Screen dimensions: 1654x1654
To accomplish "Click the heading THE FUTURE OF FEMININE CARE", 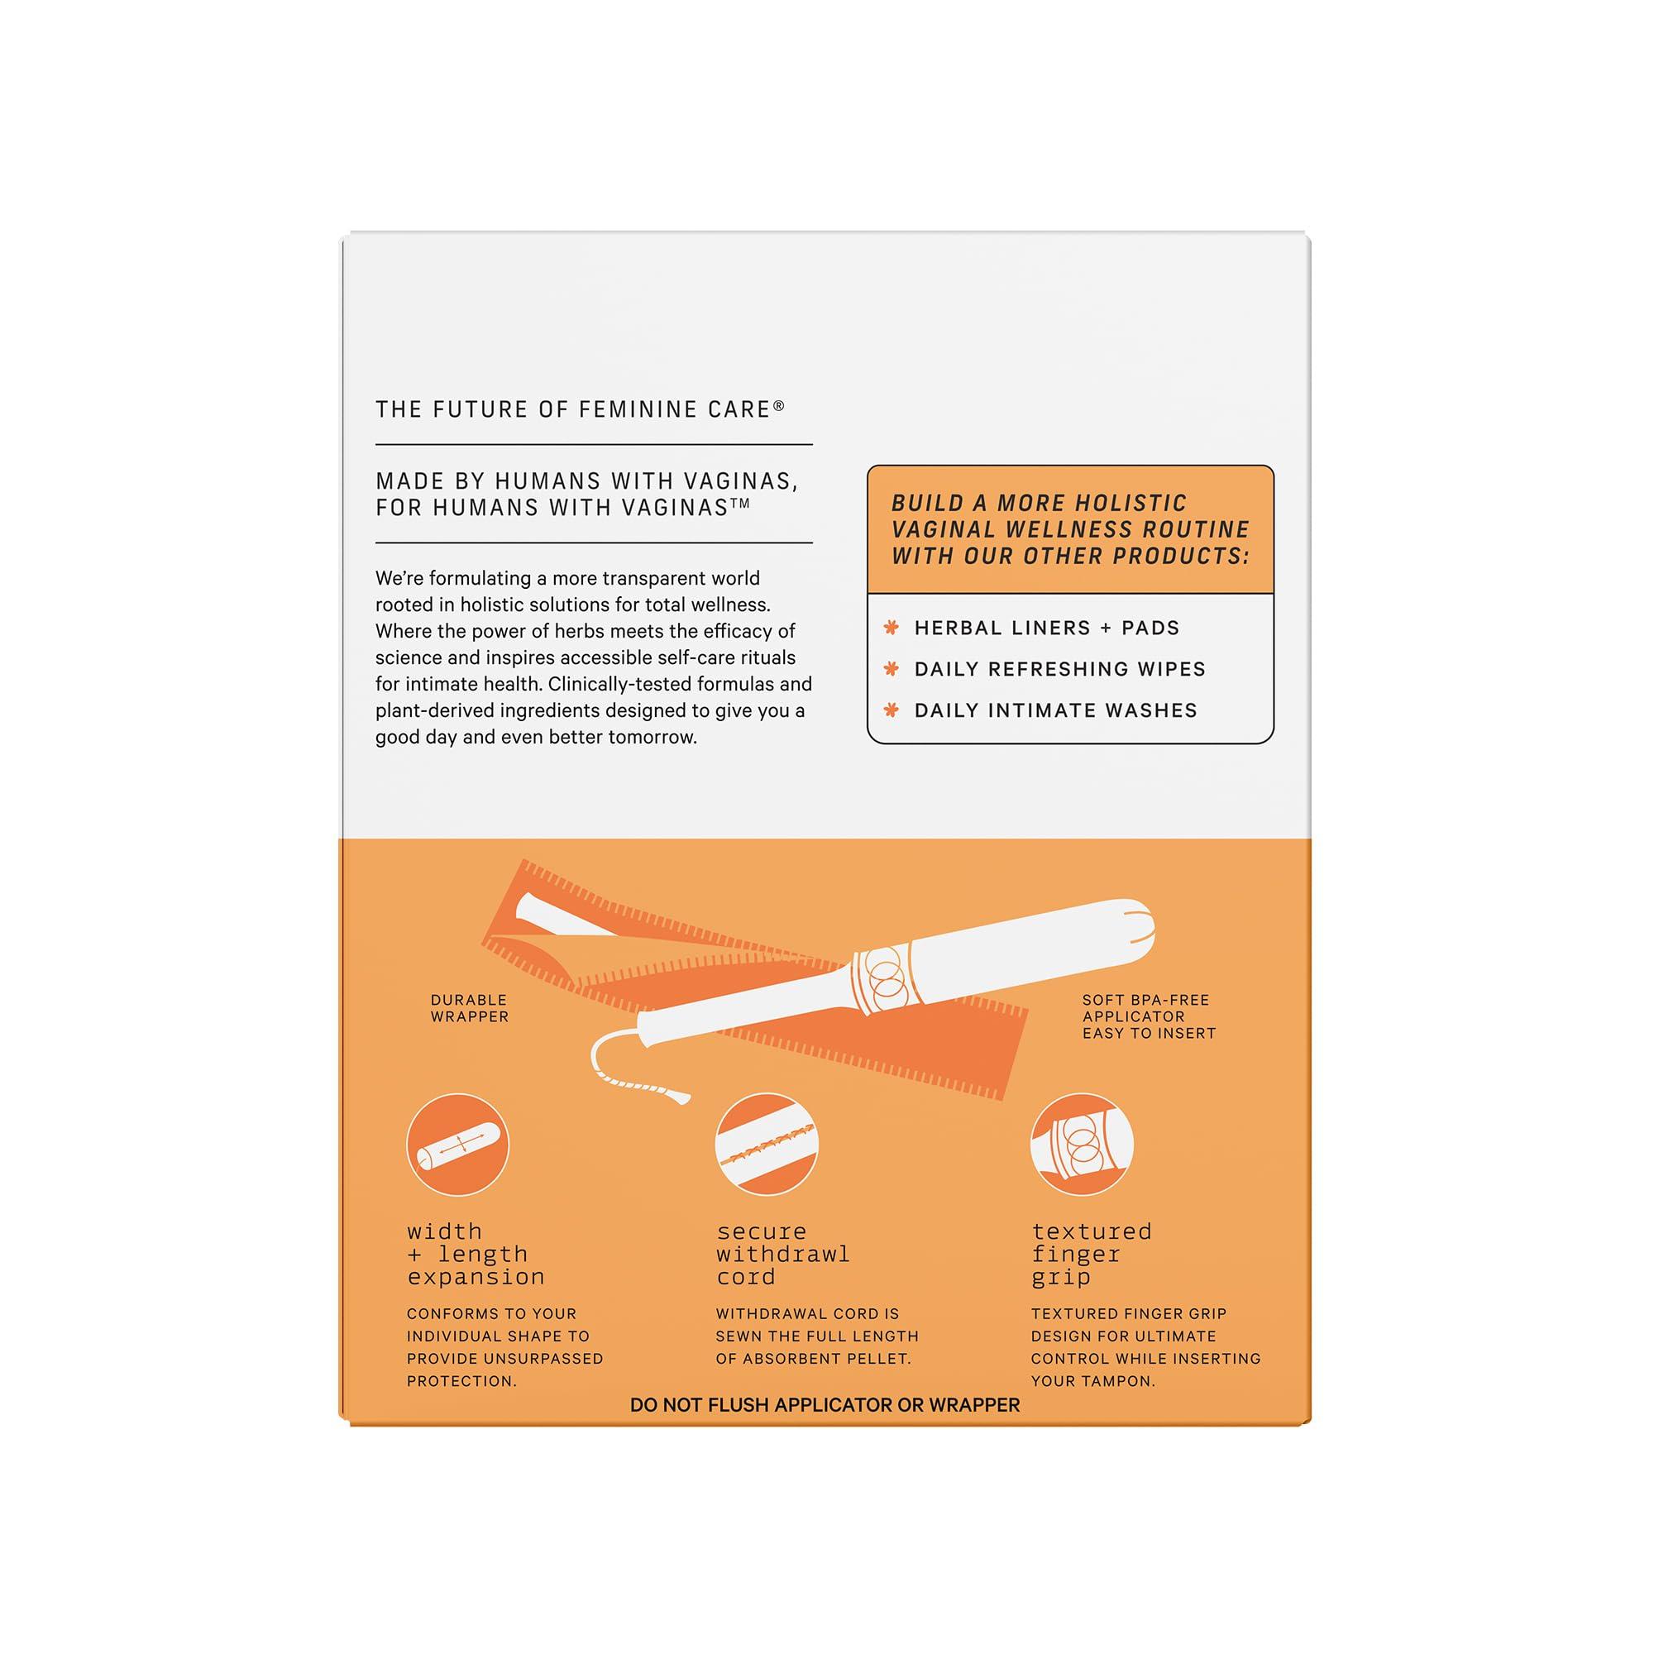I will (574, 410).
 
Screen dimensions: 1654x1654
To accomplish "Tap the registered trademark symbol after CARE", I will (779, 406).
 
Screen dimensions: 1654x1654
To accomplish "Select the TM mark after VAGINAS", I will (739, 504).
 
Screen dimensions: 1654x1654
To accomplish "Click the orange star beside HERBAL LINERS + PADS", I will (892, 628).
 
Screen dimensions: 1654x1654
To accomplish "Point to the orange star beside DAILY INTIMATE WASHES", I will (892, 710).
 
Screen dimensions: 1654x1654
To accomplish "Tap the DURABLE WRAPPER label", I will (469, 1007).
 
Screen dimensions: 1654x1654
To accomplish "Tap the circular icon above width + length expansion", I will (458, 1145).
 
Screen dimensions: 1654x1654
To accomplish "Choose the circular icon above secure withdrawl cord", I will (767, 1145).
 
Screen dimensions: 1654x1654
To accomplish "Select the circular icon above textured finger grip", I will (1081, 1145).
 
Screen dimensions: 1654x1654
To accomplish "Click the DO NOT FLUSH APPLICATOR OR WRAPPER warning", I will (825, 1405).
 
